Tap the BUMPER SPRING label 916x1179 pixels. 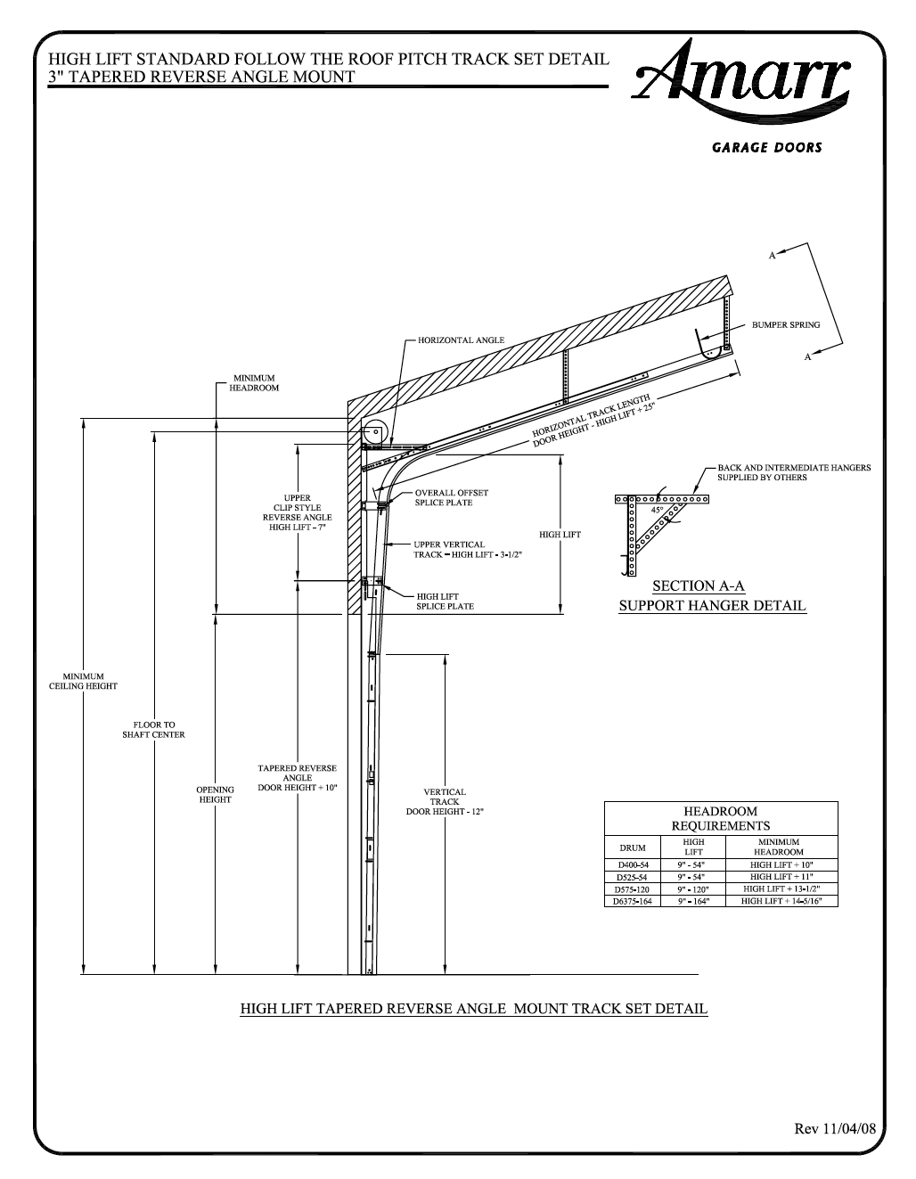click(786, 325)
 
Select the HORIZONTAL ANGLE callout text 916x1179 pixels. click(460, 340)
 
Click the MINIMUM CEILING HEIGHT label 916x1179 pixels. click(83, 682)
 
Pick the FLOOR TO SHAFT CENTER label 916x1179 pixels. click(154, 730)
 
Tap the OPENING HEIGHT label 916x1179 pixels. click(215, 794)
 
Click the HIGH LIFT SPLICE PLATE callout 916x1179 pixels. click(445, 602)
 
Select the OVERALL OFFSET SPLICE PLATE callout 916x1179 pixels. click(451, 497)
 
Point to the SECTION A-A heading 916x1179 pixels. click(699, 585)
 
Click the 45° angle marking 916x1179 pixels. click(658, 511)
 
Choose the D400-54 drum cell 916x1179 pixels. click(633, 865)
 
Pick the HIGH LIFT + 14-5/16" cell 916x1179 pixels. click(781, 901)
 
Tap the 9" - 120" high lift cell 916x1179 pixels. click(693, 889)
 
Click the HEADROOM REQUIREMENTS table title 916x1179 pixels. click(721, 818)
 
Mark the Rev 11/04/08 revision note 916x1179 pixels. click(835, 1128)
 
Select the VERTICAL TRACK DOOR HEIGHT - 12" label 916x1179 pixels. click(445, 801)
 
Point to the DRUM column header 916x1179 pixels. click(633, 847)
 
